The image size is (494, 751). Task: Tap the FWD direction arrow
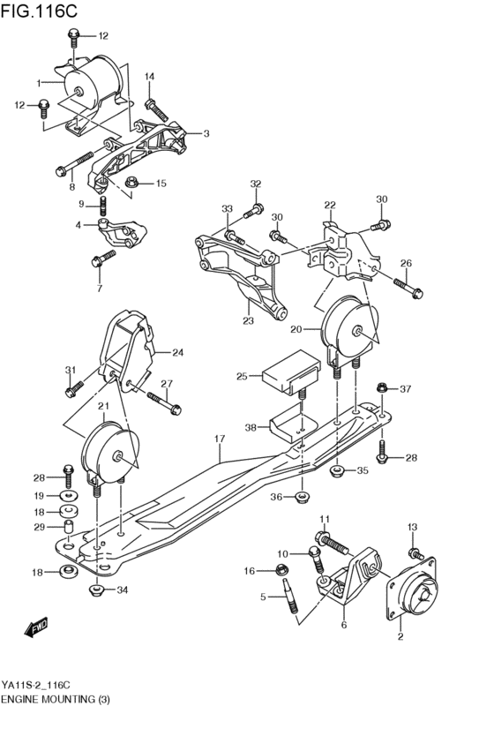36,627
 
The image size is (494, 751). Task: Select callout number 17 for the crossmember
220,439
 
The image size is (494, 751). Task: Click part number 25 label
242,377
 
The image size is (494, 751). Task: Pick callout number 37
406,389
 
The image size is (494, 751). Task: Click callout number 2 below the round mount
400,637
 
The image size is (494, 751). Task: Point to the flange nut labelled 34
97,590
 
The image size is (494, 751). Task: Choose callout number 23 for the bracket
248,321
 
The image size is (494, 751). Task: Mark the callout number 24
177,353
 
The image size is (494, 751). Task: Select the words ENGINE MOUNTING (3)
62,700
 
